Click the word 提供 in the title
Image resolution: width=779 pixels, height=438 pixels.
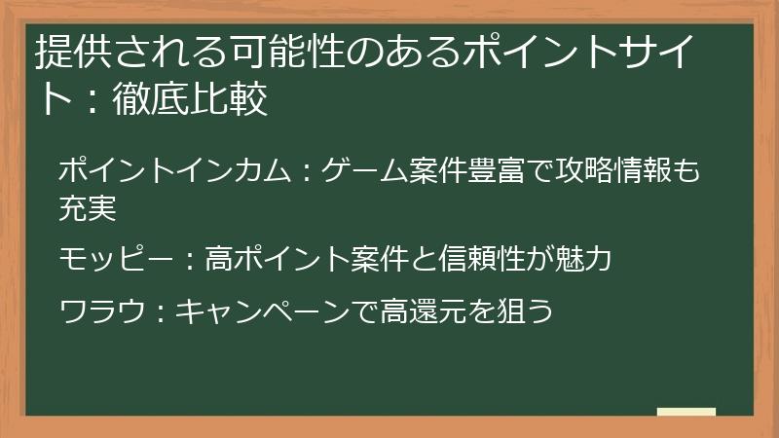pyautogui.click(x=66, y=52)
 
